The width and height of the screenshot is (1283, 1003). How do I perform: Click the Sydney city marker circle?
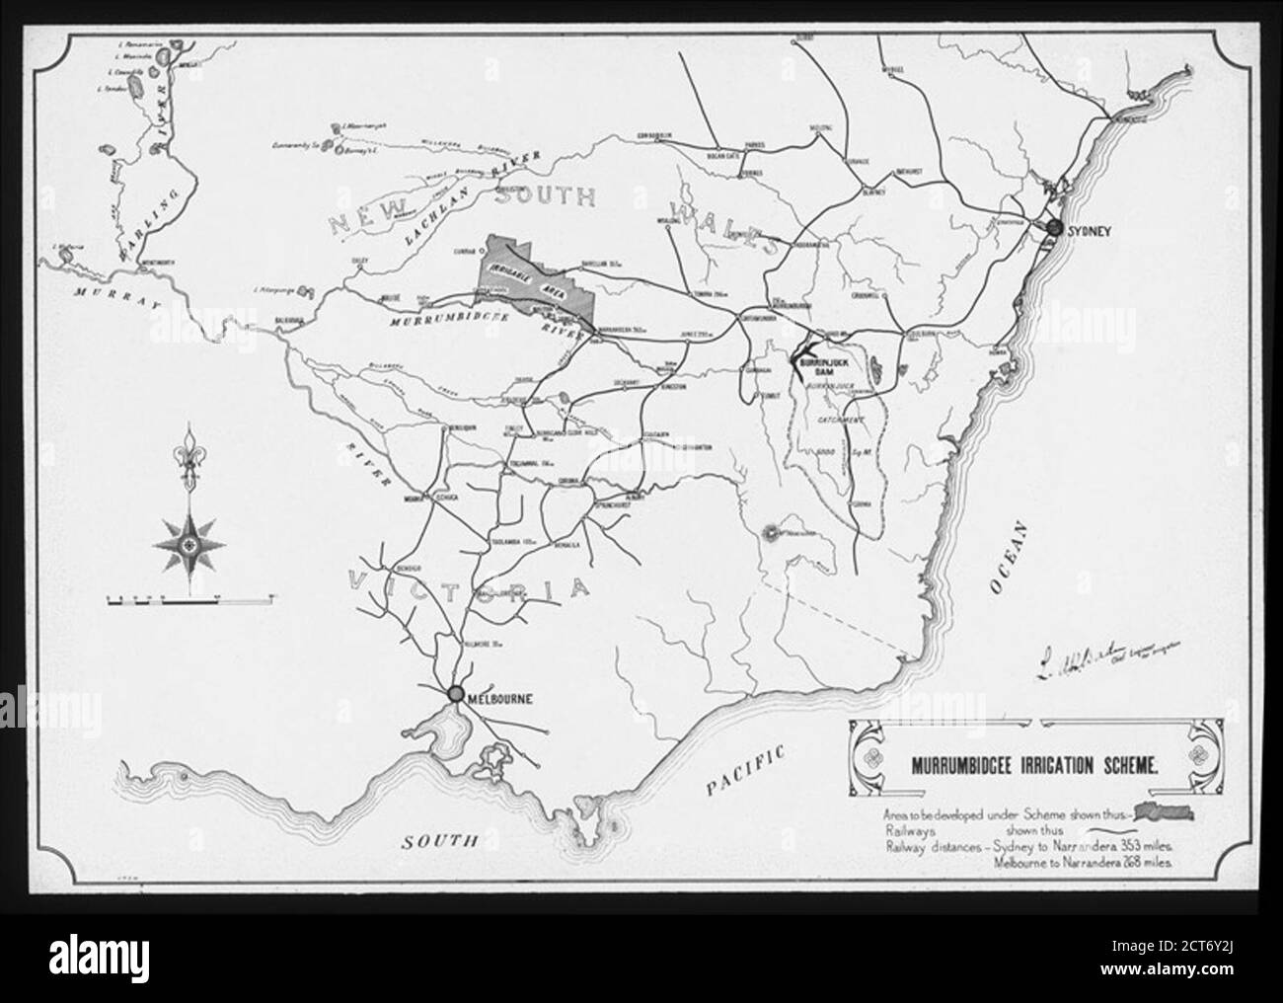point(1054,228)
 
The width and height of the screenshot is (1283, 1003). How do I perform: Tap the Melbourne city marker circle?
point(456,694)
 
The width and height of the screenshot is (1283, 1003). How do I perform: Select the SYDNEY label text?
point(1090,230)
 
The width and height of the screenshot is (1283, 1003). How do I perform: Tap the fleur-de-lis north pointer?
point(187,458)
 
